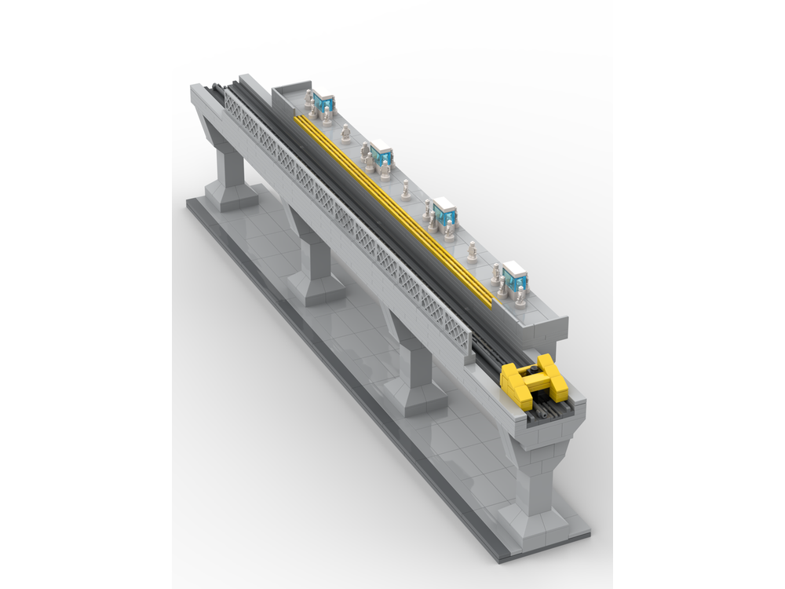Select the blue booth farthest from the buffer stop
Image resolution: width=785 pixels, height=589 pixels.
tap(323, 104)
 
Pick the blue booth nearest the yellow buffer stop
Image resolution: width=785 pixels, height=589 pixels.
tap(516, 276)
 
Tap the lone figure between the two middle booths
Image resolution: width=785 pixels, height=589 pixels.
tap(406, 189)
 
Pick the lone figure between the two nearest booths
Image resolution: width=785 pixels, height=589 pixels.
tap(472, 251)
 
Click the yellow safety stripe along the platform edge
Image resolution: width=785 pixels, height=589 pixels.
tap(392, 208)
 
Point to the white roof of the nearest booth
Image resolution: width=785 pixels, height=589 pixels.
tap(515, 268)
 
